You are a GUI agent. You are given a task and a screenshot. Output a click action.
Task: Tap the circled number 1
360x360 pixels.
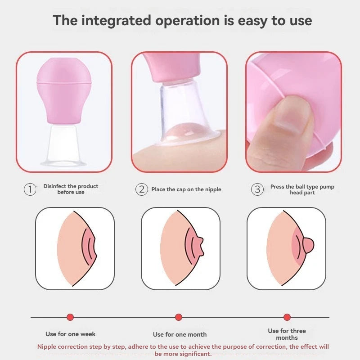click(x=30, y=189)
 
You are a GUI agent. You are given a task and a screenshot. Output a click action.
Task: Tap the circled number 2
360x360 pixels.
click(x=141, y=189)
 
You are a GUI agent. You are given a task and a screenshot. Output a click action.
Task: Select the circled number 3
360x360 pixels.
click(x=257, y=189)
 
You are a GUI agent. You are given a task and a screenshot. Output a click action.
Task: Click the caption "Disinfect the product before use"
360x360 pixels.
click(x=71, y=189)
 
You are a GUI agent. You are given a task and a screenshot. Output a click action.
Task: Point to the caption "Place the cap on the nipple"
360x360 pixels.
click(x=186, y=189)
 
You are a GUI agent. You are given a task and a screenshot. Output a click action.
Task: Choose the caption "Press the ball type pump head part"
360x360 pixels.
click(x=302, y=189)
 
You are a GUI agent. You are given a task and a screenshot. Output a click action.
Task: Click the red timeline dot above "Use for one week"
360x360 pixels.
click(x=70, y=317)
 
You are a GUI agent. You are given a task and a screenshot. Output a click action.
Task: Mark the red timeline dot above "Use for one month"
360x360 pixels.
click(x=179, y=317)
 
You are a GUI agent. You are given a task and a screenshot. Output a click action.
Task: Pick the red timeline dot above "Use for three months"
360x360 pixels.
click(x=287, y=317)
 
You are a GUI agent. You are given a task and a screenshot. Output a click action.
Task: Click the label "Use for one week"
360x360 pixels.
click(x=70, y=334)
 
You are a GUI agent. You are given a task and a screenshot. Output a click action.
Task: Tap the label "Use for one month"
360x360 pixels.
click(x=180, y=334)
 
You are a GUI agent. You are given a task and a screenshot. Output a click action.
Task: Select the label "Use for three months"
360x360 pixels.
click(x=287, y=334)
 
